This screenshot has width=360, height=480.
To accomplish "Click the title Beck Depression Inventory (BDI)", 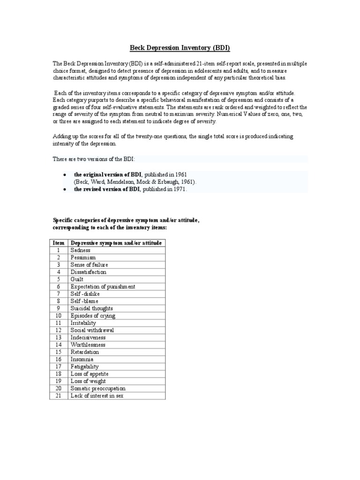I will click(x=180, y=48).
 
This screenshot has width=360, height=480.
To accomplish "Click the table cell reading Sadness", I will click(x=80, y=250).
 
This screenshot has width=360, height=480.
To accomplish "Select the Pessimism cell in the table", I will click(x=83, y=257).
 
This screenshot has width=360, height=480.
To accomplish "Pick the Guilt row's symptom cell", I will click(x=77, y=279).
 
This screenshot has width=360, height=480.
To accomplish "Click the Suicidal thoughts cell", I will click(x=91, y=308).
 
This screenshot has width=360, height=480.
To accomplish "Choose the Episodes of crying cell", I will click(x=92, y=315).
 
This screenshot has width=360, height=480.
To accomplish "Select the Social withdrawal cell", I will click(x=92, y=330).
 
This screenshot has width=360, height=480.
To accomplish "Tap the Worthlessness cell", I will click(x=88, y=345).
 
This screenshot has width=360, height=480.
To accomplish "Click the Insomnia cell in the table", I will click(x=82, y=359).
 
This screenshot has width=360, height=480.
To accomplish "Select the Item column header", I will click(x=59, y=243).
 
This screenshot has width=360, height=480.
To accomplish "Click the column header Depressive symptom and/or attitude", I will click(x=116, y=243).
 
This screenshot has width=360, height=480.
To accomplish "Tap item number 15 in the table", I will click(x=59, y=352).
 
